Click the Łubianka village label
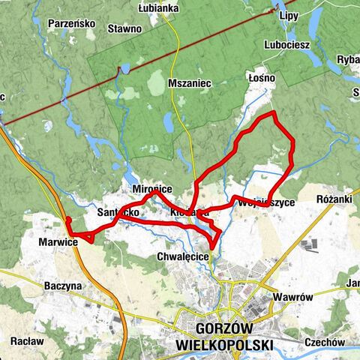157,8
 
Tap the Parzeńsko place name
71,23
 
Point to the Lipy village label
289,15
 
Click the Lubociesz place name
287,44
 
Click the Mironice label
151,191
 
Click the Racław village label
26,340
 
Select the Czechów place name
324,342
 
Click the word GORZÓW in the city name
223,329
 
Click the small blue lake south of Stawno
124,70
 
